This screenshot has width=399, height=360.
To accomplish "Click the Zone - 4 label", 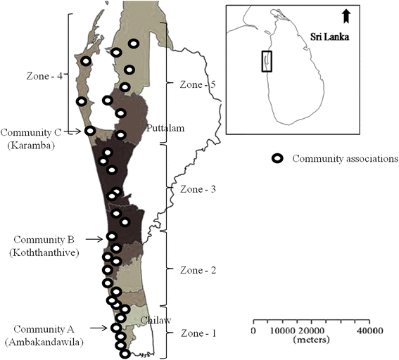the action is [x=44, y=76].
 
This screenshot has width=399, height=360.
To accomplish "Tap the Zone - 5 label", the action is [x=198, y=84].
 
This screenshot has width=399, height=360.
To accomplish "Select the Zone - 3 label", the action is [x=198, y=189].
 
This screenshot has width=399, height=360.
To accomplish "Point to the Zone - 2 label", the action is [x=198, y=270].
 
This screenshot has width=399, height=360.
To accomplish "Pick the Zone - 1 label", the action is [x=198, y=333].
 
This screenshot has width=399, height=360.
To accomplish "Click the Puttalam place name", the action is [x=165, y=128].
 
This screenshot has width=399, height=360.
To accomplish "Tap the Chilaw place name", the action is [x=156, y=321].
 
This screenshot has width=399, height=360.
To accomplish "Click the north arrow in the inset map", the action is [x=346, y=16].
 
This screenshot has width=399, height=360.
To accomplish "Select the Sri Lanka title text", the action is [x=329, y=37].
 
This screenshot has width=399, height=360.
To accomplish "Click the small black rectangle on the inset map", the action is [x=267, y=61].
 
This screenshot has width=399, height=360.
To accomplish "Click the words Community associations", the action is [x=345, y=159].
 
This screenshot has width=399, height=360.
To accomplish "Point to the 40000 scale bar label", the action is [x=369, y=330].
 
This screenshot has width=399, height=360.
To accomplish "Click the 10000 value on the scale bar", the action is [x=282, y=330].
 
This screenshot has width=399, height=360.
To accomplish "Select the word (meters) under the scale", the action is [x=311, y=340].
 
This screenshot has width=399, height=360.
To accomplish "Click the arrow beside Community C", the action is [x=72, y=131].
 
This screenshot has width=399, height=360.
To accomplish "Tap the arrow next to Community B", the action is [x=94, y=239].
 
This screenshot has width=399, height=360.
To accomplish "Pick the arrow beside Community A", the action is [x=99, y=328].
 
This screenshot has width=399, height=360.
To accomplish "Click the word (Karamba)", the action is [x=31, y=146].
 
